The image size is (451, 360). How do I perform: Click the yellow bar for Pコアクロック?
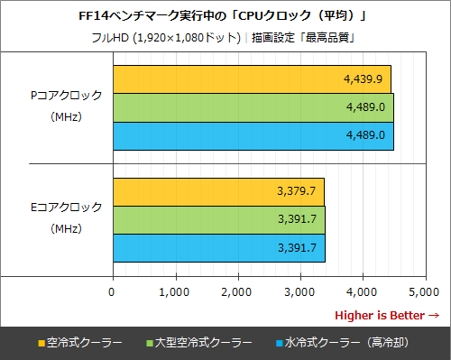251,79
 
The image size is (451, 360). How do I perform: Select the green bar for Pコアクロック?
253,107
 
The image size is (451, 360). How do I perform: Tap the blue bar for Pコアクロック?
253,135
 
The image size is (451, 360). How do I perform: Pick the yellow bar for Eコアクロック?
217,191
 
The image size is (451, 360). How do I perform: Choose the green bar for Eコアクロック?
218,219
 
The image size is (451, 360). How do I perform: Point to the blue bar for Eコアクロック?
218,247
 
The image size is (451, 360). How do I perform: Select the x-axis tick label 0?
112,291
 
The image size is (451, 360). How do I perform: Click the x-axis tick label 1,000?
173,291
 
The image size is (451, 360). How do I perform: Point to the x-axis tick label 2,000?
236,291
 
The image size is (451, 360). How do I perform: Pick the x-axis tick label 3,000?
299,291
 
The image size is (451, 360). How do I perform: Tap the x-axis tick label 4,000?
361,291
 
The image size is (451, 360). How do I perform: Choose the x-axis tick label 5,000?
423,291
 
